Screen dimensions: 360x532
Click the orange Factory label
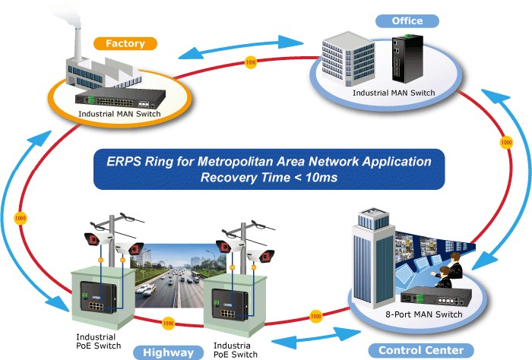click(x=125, y=43)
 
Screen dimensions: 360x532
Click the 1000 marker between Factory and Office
click(x=250, y=62)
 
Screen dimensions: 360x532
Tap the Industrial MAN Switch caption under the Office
click(x=392, y=93)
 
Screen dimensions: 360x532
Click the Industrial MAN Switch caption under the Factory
click(x=121, y=115)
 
